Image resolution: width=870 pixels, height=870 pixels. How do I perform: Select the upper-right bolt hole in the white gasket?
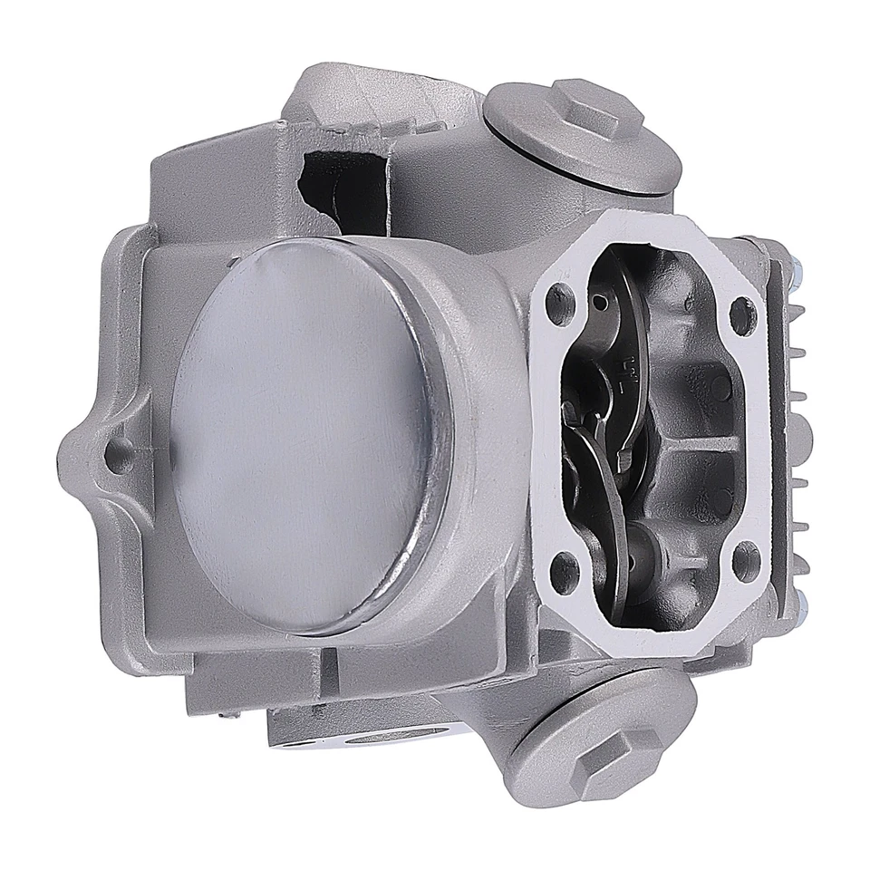pos(741,314)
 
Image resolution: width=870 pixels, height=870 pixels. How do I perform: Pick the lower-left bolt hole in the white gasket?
pos(564,570)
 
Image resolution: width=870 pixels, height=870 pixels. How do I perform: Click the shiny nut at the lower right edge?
pos(801,599)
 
